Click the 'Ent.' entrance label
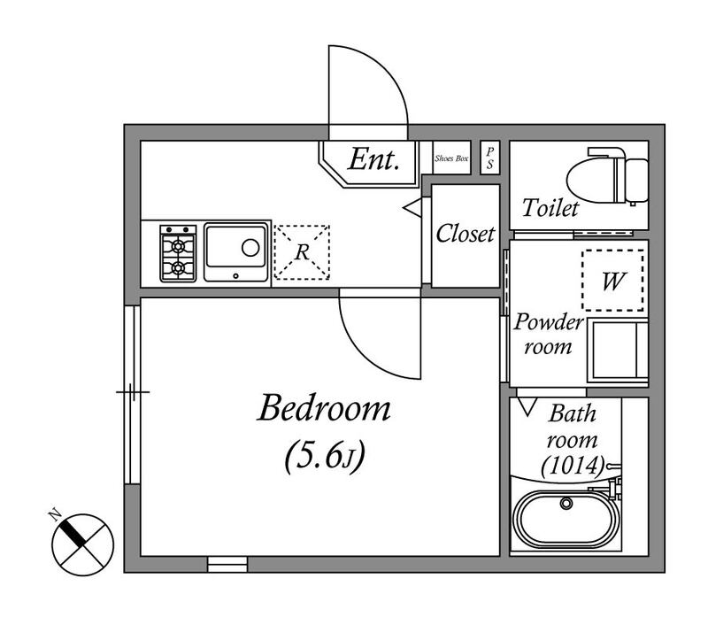[373, 159]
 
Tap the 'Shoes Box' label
[451, 158]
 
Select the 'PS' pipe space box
[490, 158]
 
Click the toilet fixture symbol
[607, 175]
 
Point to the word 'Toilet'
[550, 208]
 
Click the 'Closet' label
[466, 234]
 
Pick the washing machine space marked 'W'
[612, 281]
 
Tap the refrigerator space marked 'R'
[302, 252]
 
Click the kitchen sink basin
[236, 251]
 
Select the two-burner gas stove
[178, 253]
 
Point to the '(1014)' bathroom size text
[573, 466]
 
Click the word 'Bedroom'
[324, 408]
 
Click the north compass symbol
[82, 544]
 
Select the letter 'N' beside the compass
[55, 515]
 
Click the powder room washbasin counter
[618, 351]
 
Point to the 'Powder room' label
[548, 334]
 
